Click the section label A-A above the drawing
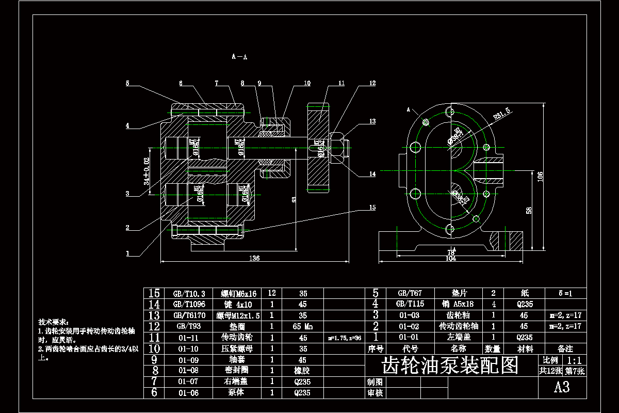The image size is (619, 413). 240,57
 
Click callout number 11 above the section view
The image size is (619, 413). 341,83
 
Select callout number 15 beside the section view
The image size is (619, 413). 372,208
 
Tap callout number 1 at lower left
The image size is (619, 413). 127,253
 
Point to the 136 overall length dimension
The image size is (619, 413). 254,258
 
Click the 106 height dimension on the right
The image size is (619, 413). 540,176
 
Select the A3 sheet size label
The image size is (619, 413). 562,387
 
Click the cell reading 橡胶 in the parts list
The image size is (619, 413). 303,370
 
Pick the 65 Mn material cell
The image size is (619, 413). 303,326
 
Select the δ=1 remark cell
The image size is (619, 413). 566,293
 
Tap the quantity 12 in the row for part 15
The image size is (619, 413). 272,293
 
